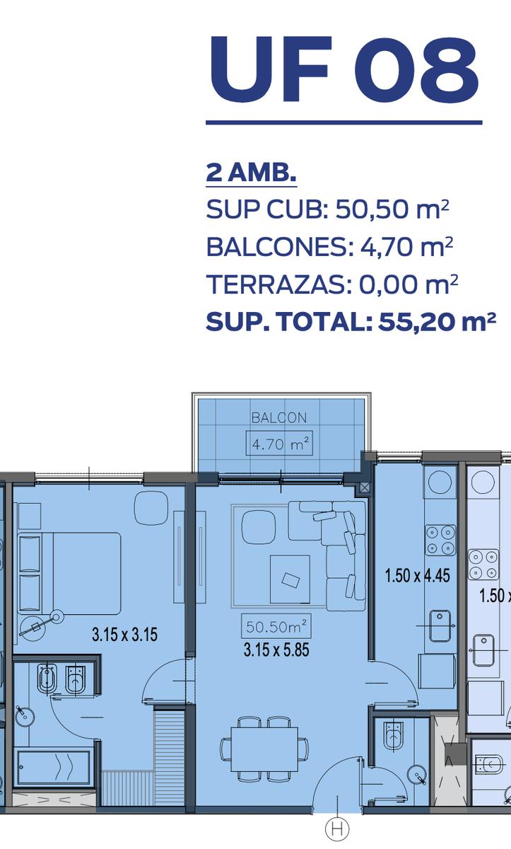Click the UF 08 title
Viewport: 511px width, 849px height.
(343, 70)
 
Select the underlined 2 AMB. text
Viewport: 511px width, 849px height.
(251, 173)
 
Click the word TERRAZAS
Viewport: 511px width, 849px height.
(276, 284)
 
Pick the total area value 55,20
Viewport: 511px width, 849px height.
(417, 322)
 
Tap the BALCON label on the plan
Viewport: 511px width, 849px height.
(279, 417)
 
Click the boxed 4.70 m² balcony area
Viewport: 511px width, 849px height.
(279, 443)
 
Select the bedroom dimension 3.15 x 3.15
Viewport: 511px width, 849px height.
(124, 635)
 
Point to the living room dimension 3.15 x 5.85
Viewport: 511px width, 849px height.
(276, 650)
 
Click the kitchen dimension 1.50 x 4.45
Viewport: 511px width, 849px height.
(417, 576)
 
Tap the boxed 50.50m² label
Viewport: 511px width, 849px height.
(276, 627)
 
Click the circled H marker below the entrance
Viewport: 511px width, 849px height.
(336, 828)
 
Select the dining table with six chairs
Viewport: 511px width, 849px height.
(264, 749)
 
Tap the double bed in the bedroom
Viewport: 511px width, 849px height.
(70, 574)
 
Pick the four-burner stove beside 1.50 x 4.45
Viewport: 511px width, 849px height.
(440, 540)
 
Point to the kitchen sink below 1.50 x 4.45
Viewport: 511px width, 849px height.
(440, 625)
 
